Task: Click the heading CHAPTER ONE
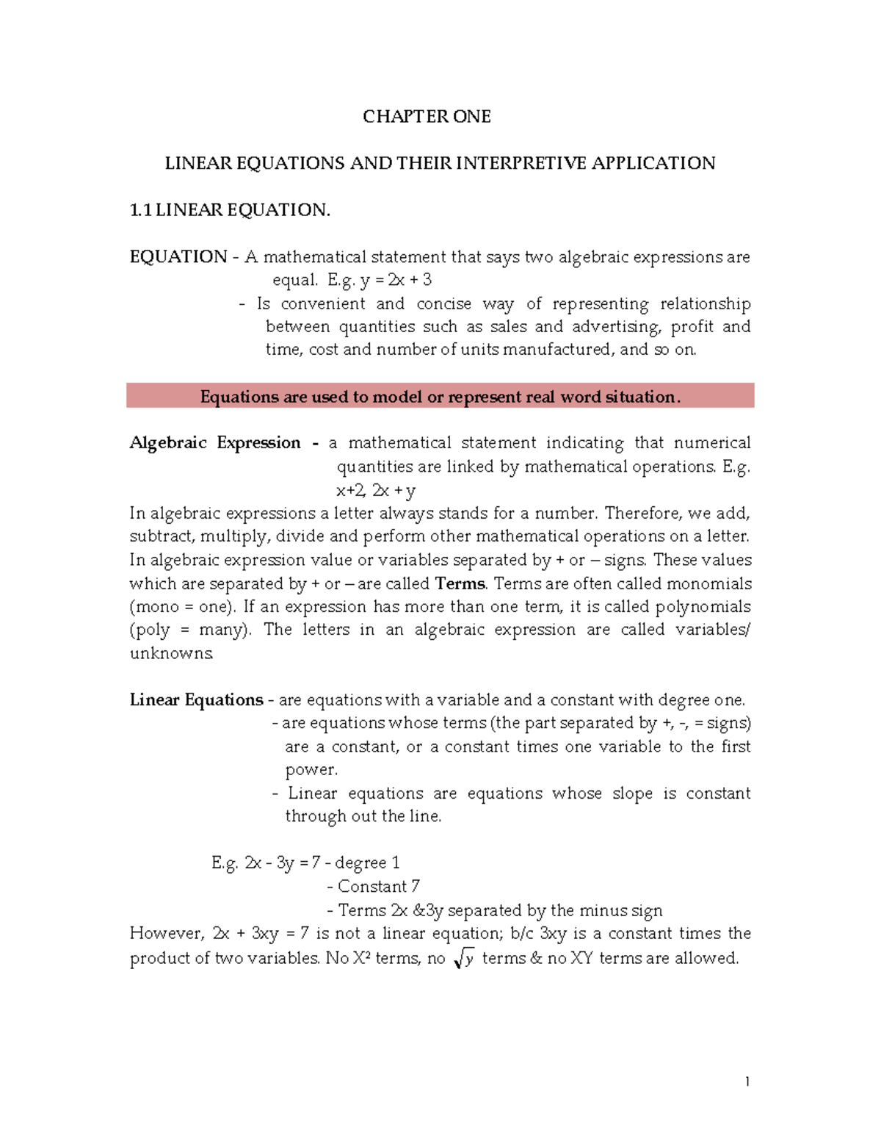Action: click(x=427, y=117)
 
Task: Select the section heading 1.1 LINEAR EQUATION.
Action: click(x=230, y=210)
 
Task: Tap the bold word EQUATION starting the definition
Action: click(x=178, y=257)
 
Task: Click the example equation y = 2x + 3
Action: click(x=396, y=280)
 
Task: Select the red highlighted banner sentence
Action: click(x=440, y=397)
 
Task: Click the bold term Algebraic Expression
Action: click(x=215, y=443)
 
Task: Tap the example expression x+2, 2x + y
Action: click(x=375, y=490)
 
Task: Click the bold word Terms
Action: click(x=460, y=584)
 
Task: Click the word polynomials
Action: click(x=703, y=607)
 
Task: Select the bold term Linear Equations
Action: click(x=196, y=700)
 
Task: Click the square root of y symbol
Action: click(x=464, y=958)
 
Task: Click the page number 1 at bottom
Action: click(x=747, y=1081)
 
